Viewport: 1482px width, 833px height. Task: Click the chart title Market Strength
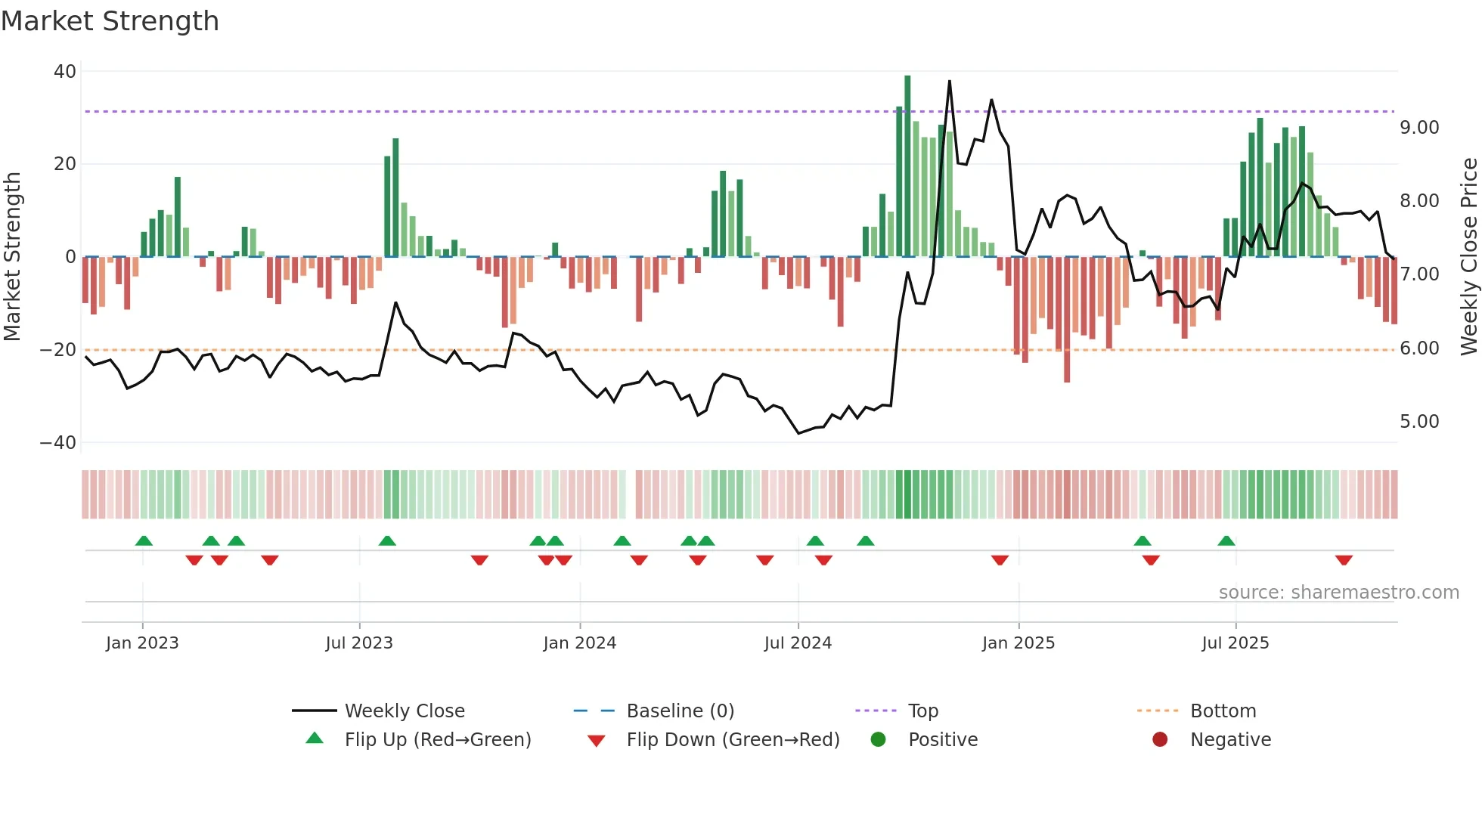pyautogui.click(x=110, y=21)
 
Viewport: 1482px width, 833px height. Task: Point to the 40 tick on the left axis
pyautogui.click(x=65, y=72)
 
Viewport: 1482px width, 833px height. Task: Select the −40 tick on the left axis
pyautogui.click(x=58, y=443)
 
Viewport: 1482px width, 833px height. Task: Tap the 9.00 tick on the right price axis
pyautogui.click(x=1419, y=128)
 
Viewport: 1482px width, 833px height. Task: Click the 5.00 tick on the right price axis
pyautogui.click(x=1419, y=422)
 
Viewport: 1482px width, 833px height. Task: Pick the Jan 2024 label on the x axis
pyautogui.click(x=579, y=643)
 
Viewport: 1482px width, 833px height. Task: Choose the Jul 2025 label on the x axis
pyautogui.click(x=1235, y=643)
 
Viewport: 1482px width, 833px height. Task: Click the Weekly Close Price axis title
pyautogui.click(x=1468, y=257)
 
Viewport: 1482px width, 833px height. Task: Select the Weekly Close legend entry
pyautogui.click(x=405, y=711)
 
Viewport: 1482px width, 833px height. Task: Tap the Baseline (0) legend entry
pyautogui.click(x=680, y=711)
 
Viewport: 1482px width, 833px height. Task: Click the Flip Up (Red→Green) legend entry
pyautogui.click(x=438, y=740)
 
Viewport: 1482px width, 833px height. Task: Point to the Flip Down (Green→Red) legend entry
pyautogui.click(x=733, y=740)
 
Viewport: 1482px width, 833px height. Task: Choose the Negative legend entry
pyautogui.click(x=1230, y=740)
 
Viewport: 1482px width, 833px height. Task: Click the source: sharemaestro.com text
pyautogui.click(x=1338, y=593)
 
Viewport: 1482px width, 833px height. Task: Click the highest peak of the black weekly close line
pyautogui.click(x=950, y=82)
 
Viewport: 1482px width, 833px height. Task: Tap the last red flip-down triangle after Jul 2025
pyautogui.click(x=1344, y=560)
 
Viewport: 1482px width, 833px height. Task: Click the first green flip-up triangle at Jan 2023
pyautogui.click(x=144, y=540)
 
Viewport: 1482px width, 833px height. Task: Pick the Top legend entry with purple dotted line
pyautogui.click(x=922, y=711)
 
